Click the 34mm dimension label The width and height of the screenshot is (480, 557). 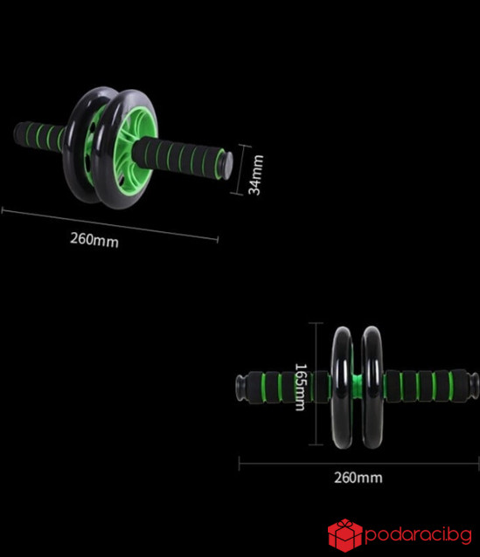256,175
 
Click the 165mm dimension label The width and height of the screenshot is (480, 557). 300,387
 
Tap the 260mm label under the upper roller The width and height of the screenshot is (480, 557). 94,239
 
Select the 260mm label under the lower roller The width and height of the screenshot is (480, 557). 358,478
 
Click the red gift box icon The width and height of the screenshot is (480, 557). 344,535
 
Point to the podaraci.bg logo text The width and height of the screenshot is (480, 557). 419,534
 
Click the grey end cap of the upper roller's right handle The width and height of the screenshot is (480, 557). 226,166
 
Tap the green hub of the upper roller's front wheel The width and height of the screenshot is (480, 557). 134,147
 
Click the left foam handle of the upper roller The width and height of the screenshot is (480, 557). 39,137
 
